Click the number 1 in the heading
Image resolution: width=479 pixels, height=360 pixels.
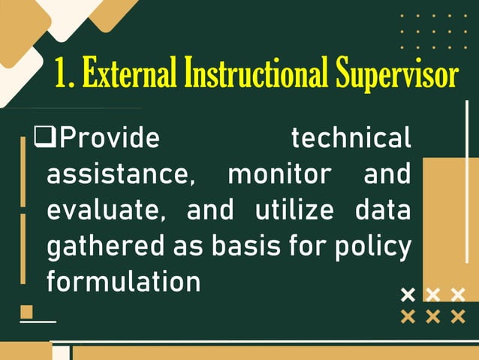tap(62, 75)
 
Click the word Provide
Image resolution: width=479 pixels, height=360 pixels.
tap(110, 138)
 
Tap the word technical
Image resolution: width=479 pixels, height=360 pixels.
tap(351, 138)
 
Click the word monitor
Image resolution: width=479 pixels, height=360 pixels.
tap(279, 174)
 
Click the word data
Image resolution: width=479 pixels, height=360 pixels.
tap(382, 210)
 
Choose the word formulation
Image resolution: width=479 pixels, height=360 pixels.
tap(123, 282)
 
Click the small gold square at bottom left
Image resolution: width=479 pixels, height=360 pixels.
tap(27, 311)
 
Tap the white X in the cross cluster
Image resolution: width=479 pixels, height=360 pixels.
tap(408, 294)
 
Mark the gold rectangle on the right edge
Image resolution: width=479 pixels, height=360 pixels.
tap(450, 225)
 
